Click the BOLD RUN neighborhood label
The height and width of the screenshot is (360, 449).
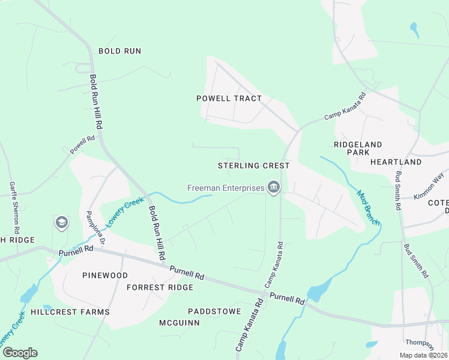119,51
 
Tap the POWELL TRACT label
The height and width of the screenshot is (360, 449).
229,98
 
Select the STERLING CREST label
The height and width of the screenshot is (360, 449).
253,165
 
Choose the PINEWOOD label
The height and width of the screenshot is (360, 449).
105,275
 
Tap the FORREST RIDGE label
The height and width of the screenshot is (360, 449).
160,287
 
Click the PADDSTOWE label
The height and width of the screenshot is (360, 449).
214,311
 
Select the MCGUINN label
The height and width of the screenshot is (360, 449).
179,323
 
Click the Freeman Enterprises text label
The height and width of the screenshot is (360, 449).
226,188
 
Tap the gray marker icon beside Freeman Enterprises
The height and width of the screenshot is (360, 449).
274,188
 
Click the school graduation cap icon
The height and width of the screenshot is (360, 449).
61,223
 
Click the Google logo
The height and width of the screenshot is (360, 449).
19,353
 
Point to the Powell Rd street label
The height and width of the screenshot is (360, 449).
83,146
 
